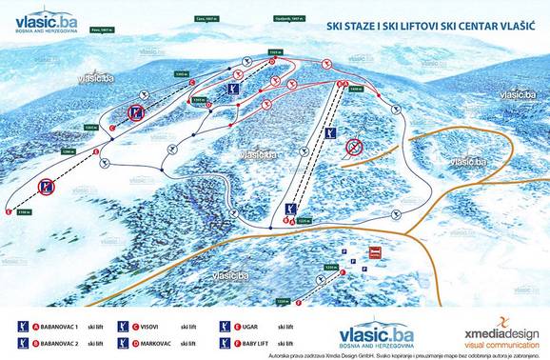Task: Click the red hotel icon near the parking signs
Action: pyautogui.click(x=375, y=253)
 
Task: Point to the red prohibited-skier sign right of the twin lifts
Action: pyautogui.click(x=355, y=147)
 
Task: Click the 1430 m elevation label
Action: pyautogui.click(x=355, y=87)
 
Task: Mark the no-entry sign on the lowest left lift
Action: pyautogui.click(x=48, y=188)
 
